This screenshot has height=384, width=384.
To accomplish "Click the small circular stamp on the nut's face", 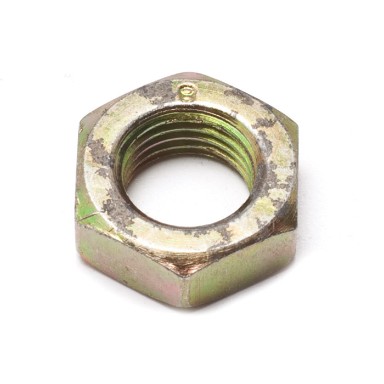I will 188,92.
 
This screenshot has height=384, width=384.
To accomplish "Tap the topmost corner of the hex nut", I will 187,74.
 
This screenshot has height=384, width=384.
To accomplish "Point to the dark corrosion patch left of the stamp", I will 156,91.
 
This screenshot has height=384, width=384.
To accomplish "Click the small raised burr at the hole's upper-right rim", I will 234,114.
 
